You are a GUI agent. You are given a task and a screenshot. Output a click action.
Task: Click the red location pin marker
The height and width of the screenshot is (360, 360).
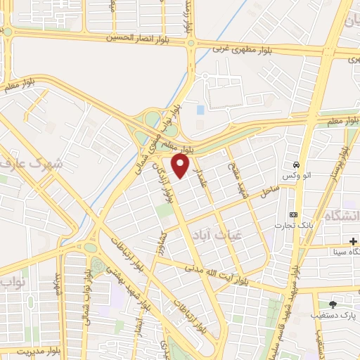point(181,166)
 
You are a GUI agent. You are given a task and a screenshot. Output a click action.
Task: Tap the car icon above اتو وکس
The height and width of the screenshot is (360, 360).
point(297,160)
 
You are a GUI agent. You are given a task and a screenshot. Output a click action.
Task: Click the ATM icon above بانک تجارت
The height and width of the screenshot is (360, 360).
point(294,214)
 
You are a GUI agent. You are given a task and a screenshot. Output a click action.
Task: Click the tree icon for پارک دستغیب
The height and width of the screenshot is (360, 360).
point(333,304)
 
